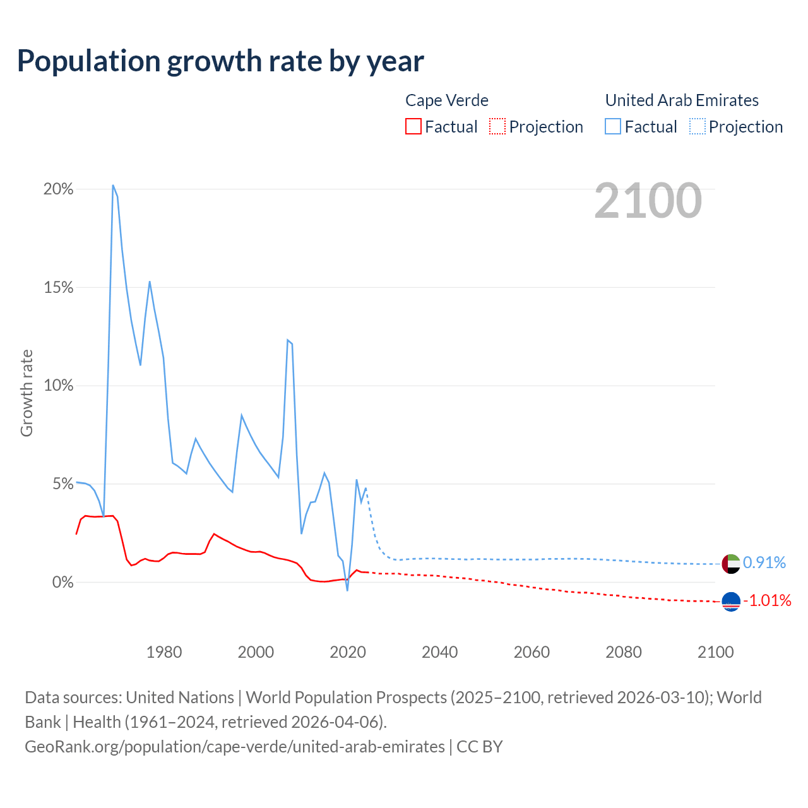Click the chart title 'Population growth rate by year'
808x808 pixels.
click(x=220, y=61)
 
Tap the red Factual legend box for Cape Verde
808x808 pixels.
click(x=413, y=126)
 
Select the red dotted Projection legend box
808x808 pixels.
click(x=497, y=126)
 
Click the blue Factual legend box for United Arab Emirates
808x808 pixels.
click(x=613, y=126)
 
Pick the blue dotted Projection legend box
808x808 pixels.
click(x=698, y=126)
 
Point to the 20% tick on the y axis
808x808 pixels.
click(x=59, y=189)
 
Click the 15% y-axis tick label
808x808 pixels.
click(x=59, y=288)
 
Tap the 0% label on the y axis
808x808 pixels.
click(x=62, y=583)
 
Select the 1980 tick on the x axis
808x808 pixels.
click(x=164, y=652)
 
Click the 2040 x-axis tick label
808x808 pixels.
click(x=440, y=652)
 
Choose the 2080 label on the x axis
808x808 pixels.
click(x=624, y=652)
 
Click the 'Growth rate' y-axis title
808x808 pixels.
click(x=27, y=393)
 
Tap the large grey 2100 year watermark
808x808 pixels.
click(x=648, y=201)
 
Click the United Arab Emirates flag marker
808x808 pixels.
click(x=731, y=563)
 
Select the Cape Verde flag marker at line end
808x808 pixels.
click(x=731, y=602)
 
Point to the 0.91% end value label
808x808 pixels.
click(x=764, y=562)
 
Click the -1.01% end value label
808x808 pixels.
click(x=767, y=600)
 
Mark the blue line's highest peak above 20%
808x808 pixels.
click(x=113, y=186)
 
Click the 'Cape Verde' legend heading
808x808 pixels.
click(x=447, y=100)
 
